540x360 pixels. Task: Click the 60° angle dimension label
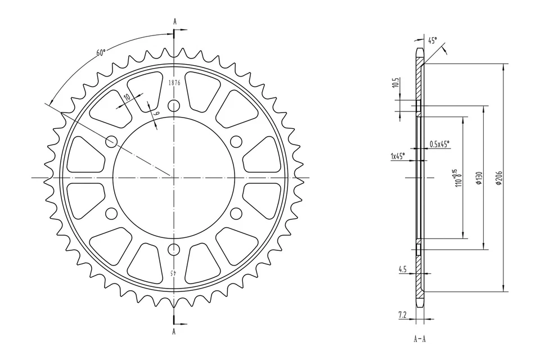pos(101,53)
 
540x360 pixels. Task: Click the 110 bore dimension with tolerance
pos(457,179)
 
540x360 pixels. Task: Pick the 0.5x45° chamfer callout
pos(439,144)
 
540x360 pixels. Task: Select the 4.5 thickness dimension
pos(402,269)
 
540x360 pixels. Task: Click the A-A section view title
pos(420,340)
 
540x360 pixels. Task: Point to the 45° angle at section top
pos(432,40)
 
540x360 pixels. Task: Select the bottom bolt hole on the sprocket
pos(174,249)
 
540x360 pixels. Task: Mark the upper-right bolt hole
pos(236,141)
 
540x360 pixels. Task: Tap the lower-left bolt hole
pos(111,213)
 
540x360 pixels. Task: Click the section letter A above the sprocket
pos(174,21)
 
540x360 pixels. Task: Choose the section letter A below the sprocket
pos(174,332)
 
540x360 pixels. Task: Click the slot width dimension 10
pos(127,97)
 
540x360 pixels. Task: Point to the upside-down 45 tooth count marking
pos(174,273)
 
